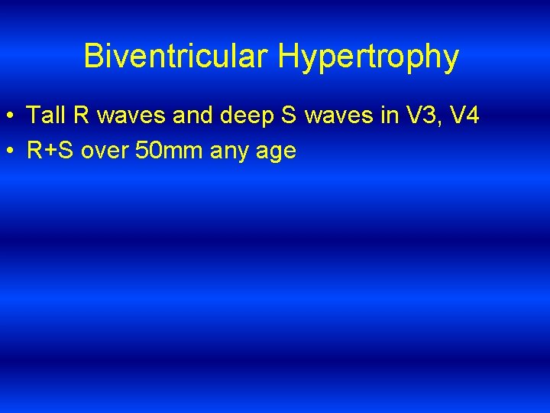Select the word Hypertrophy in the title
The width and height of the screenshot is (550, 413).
(369, 57)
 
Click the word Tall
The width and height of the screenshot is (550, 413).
(45, 115)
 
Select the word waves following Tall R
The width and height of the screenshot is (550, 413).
(130, 117)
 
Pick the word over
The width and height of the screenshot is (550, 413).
(105, 151)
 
